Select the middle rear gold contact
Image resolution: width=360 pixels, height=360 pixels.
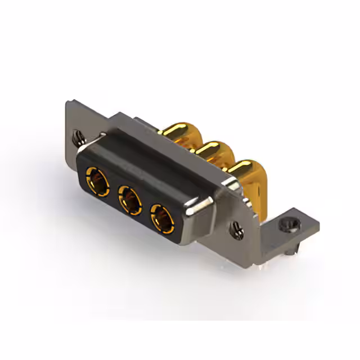[212, 150]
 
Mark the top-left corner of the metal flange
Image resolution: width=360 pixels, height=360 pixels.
[67, 101]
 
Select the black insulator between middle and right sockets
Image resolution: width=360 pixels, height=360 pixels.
[145, 209]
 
